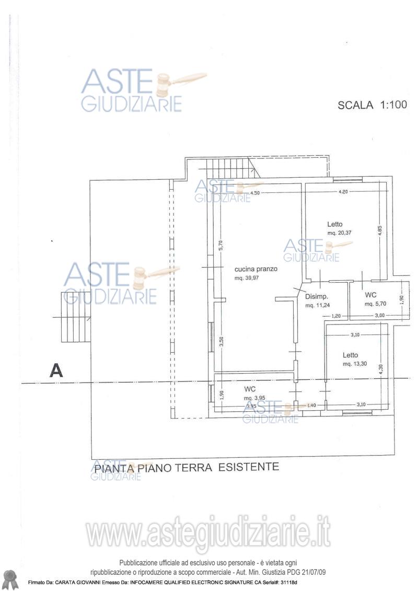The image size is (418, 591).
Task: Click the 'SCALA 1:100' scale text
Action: (x=372, y=105)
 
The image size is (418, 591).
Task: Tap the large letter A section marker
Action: (x=56, y=370)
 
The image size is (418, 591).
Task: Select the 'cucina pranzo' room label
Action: (x=256, y=269)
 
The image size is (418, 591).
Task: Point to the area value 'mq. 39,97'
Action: (x=250, y=279)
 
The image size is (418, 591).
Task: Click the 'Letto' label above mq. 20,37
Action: (x=335, y=223)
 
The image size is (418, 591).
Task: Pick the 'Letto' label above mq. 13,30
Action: (x=351, y=355)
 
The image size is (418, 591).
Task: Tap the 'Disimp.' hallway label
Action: (x=316, y=296)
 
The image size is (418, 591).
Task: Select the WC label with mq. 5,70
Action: (x=371, y=295)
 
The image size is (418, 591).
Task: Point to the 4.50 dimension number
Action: (x=255, y=193)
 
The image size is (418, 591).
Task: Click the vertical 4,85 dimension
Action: (x=380, y=230)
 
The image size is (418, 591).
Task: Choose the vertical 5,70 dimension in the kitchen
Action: (x=221, y=245)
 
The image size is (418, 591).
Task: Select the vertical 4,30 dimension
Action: (x=381, y=368)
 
